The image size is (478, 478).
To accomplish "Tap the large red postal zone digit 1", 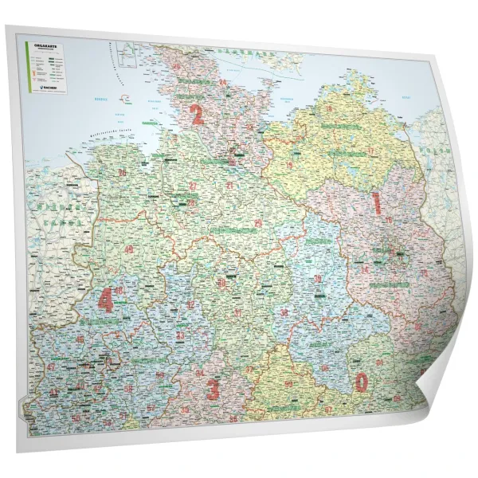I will point(377,202).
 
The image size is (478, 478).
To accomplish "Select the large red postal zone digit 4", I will point(104,300).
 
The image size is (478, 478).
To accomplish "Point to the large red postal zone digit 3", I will point(213,390).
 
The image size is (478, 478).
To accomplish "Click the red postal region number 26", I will point(122,172).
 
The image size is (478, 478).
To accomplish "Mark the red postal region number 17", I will point(371,151).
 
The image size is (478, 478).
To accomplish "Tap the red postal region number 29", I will point(257,224).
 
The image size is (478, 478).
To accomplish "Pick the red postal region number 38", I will point(284,311).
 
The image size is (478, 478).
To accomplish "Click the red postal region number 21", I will point(229,185).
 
